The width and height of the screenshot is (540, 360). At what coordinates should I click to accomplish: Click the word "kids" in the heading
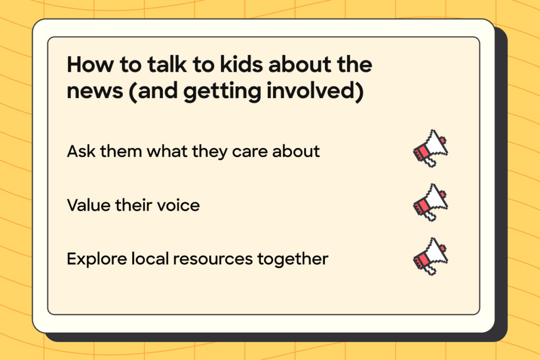tap(242, 64)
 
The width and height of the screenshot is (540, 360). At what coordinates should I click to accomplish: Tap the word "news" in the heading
tap(95, 91)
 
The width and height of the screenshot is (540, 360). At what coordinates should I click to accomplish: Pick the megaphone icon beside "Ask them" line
tap(430, 148)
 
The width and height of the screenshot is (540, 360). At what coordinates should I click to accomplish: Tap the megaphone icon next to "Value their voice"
tap(430, 202)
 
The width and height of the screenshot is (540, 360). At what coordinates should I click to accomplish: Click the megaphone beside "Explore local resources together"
tap(430, 256)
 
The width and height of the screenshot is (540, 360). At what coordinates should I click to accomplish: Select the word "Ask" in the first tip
tap(81, 151)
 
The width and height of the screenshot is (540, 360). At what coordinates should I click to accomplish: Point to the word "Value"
tap(89, 205)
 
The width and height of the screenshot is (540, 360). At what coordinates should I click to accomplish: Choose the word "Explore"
tap(97, 259)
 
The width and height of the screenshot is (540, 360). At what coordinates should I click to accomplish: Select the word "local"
tap(150, 259)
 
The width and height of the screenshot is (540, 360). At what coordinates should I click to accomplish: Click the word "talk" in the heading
tap(167, 64)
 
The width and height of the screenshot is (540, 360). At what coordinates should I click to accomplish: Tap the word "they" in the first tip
tap(210, 152)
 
